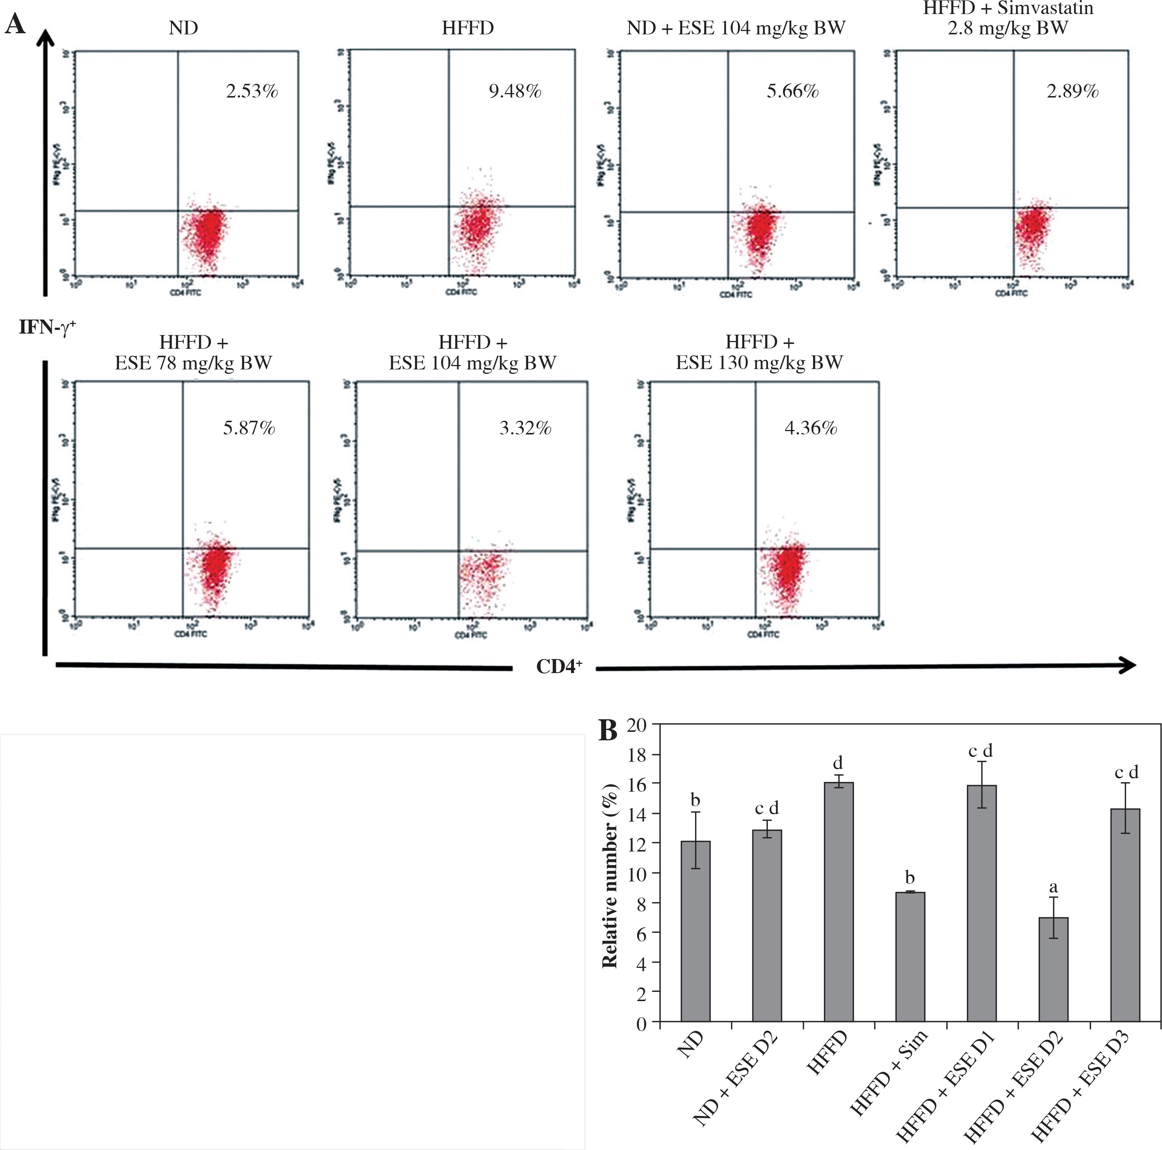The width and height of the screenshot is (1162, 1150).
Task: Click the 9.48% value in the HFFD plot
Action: click(x=515, y=91)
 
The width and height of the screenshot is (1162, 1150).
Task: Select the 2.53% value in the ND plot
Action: click(x=252, y=91)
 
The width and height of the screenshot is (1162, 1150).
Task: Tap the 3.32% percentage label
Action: click(x=525, y=428)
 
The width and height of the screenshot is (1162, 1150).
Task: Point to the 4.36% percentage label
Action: click(x=811, y=428)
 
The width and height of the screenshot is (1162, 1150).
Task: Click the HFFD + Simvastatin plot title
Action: click(x=1008, y=18)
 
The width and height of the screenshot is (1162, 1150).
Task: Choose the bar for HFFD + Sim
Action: click(x=910, y=956)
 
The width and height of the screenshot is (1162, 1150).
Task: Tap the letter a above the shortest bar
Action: click(x=1053, y=887)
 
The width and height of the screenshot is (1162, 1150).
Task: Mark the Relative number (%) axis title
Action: click(x=611, y=875)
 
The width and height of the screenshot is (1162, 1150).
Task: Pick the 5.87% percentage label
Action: click(x=249, y=428)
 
